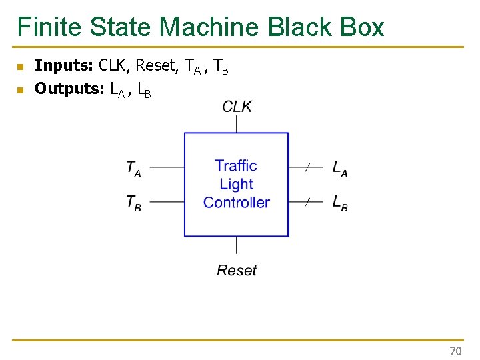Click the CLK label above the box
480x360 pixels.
click(x=237, y=107)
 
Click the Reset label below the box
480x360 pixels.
click(x=237, y=270)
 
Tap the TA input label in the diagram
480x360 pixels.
click(x=133, y=167)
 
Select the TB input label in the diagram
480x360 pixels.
click(x=133, y=203)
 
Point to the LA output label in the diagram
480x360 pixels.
click(x=339, y=168)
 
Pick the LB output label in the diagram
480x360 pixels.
click(x=339, y=203)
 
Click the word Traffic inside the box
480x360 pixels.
click(x=236, y=165)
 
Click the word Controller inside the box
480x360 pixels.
click(x=237, y=203)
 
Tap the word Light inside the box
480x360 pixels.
click(x=237, y=184)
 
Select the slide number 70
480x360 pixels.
click(x=455, y=351)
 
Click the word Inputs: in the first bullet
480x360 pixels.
click(x=64, y=65)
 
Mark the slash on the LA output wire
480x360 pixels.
click(x=307, y=167)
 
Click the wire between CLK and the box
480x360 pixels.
click(x=237, y=124)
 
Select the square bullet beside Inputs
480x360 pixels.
click(x=20, y=67)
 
